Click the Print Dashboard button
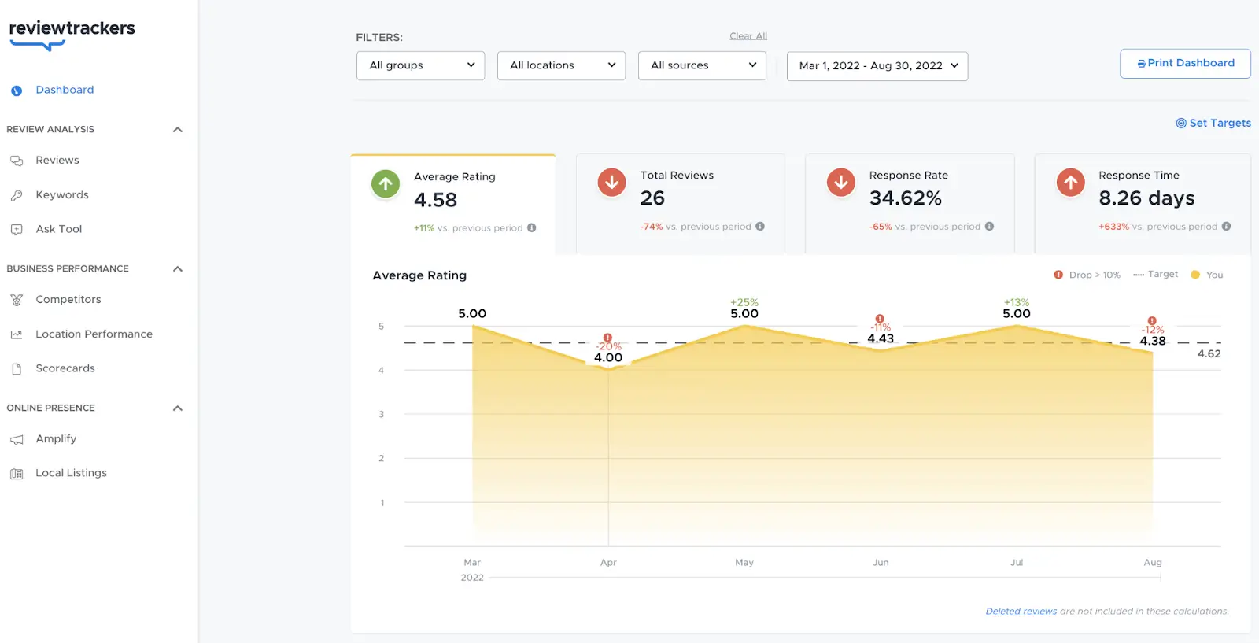tap(1185, 63)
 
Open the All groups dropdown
tap(421, 65)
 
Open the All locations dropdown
tap(561, 65)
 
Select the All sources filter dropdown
tap(702, 65)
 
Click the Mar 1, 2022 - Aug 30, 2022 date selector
tap(877, 66)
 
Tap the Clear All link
tap(748, 36)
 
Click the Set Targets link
tap(1213, 123)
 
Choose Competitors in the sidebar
tap(68, 299)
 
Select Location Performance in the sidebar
tap(94, 334)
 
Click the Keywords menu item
tap(62, 194)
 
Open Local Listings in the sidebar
tap(71, 473)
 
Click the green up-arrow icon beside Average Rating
tap(386, 184)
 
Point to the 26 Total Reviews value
tap(652, 198)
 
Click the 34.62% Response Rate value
tap(906, 198)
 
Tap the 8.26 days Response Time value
tap(1146, 198)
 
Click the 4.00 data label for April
tap(608, 357)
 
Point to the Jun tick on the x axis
tap(881, 563)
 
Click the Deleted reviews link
tap(1021, 611)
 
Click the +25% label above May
tap(744, 302)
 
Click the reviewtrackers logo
tap(72, 31)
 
